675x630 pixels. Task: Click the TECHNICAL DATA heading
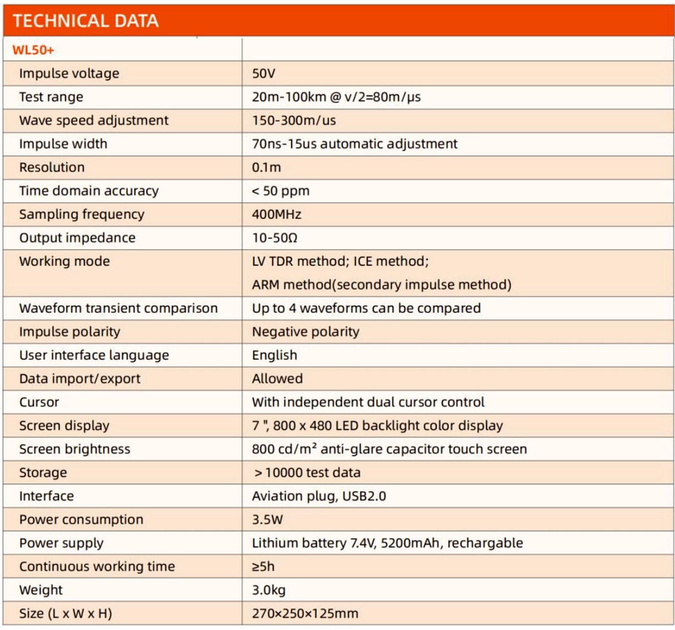tap(86, 21)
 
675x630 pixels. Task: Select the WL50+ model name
tap(33, 50)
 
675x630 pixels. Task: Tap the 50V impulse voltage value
tap(263, 73)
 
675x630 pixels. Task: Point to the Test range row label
tap(51, 97)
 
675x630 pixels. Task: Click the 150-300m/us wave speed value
tap(294, 120)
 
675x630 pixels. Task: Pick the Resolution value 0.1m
tap(266, 168)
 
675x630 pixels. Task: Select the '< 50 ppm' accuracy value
tap(280, 191)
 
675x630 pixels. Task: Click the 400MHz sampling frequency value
tap(277, 215)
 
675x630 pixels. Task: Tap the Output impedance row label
tap(77, 238)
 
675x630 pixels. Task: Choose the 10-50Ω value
tap(274, 238)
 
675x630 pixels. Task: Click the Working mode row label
tap(64, 262)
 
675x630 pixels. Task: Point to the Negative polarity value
tap(305, 332)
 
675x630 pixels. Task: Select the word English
tap(274, 355)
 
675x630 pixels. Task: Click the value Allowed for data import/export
tap(277, 379)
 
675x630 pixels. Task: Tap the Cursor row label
tap(39, 402)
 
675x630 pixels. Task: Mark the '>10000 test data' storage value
tap(307, 473)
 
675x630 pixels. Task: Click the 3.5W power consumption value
tap(267, 520)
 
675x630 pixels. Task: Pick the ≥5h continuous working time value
tap(263, 567)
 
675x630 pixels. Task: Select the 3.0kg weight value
tap(269, 590)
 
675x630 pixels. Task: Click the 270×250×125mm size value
tap(305, 614)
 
